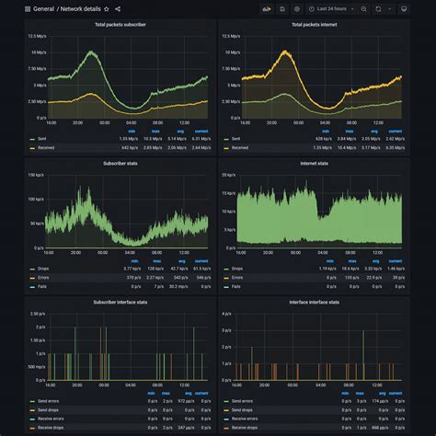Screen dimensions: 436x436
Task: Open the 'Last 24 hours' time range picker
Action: pos(327,8)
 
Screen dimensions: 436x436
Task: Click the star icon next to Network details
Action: pos(107,8)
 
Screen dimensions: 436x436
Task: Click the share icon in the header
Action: pos(118,8)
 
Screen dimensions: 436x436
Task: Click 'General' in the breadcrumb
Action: pos(42,8)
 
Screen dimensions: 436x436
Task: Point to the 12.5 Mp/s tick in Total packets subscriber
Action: pos(36,35)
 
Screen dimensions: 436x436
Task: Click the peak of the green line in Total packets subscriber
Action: pos(89,52)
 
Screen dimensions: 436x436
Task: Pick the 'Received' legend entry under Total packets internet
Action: pos(240,147)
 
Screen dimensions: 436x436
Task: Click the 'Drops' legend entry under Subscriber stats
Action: pos(42,268)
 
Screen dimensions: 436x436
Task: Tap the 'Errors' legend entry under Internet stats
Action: pos(236,276)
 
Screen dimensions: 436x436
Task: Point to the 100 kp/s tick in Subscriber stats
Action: pos(36,175)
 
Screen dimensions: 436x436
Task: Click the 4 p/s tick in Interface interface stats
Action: pos(227,314)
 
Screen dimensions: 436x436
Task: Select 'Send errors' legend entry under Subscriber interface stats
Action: pos(49,402)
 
